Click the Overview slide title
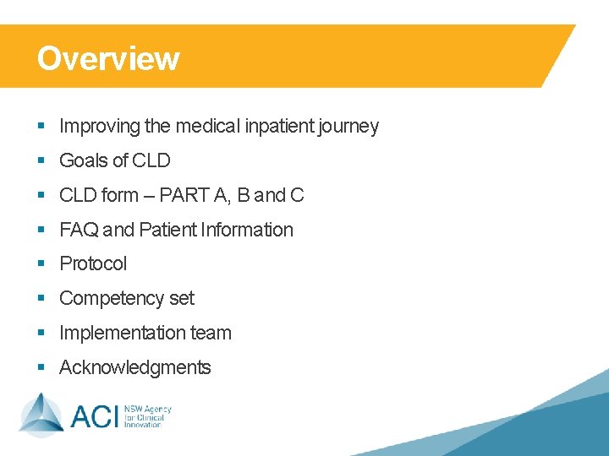(x=108, y=58)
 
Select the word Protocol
(x=93, y=263)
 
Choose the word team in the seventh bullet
(x=211, y=333)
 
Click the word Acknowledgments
(x=134, y=367)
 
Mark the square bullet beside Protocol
(x=41, y=264)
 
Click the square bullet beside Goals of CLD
(x=41, y=161)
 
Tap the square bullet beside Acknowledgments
(x=41, y=368)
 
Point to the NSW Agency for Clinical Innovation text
(x=148, y=416)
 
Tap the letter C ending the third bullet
(x=297, y=195)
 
